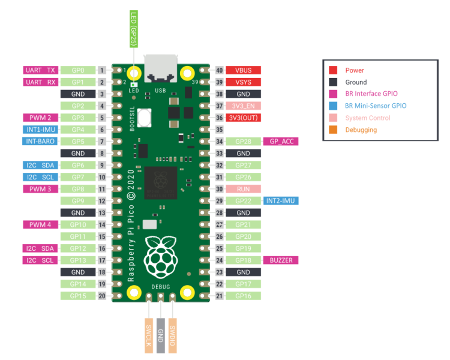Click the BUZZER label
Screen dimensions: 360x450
point(280,260)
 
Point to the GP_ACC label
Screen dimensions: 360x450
point(280,142)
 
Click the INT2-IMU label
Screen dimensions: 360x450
point(280,201)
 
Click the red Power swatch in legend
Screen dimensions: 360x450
point(333,70)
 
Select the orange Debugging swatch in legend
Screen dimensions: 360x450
point(333,130)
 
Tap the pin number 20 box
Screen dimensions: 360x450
point(103,296)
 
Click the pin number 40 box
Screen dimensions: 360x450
point(220,70)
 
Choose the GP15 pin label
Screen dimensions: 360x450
point(78,296)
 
